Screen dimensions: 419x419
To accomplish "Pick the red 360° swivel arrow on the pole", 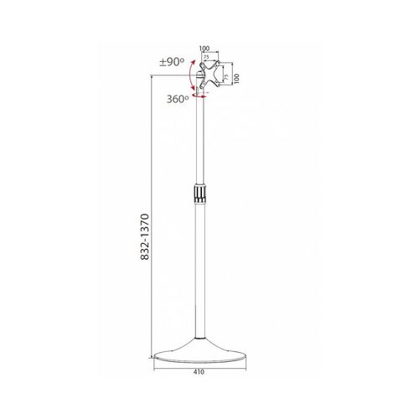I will coord(199,97).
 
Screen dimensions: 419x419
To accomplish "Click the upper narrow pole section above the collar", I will coord(199,142).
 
